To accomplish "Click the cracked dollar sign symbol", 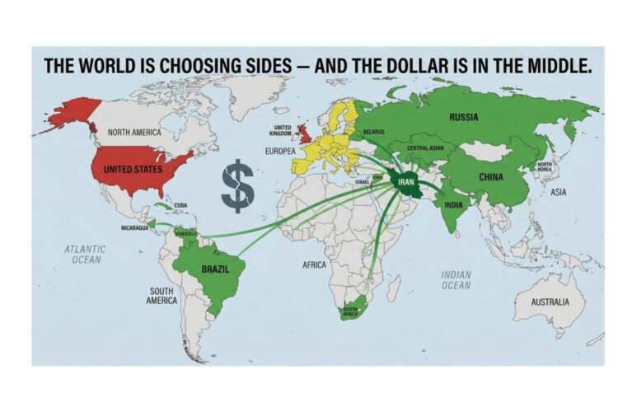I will [x=237, y=187].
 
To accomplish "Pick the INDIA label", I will [x=453, y=204].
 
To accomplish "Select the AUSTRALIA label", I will [x=549, y=302].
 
